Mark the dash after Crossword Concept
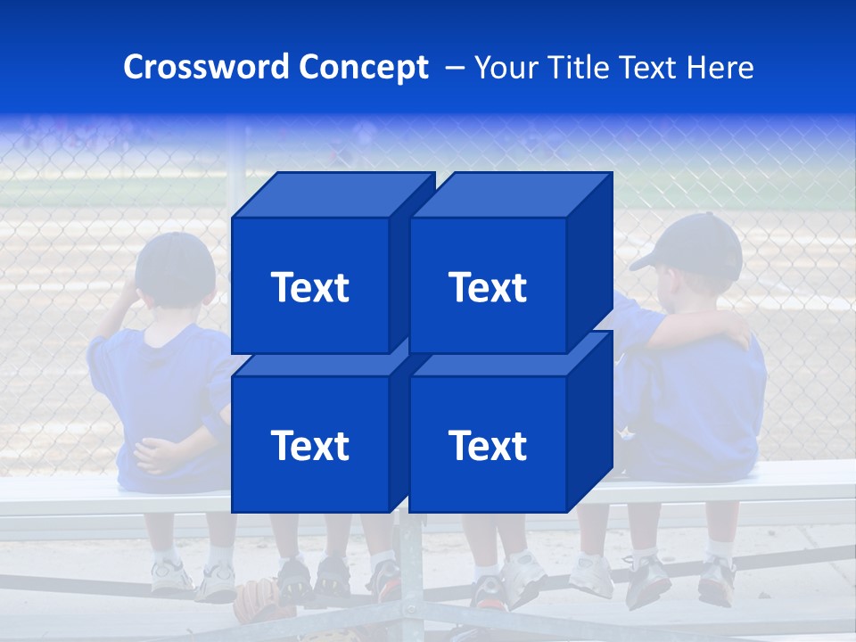[453, 68]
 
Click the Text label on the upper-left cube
[309, 287]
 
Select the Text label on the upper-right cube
[488, 287]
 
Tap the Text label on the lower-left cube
[309, 445]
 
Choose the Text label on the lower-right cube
[488, 445]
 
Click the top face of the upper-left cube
[332, 194]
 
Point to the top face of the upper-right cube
[510, 194]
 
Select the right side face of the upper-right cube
[589, 259]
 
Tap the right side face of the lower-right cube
[589, 419]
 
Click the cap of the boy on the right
[695, 244]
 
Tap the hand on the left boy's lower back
[166, 456]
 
